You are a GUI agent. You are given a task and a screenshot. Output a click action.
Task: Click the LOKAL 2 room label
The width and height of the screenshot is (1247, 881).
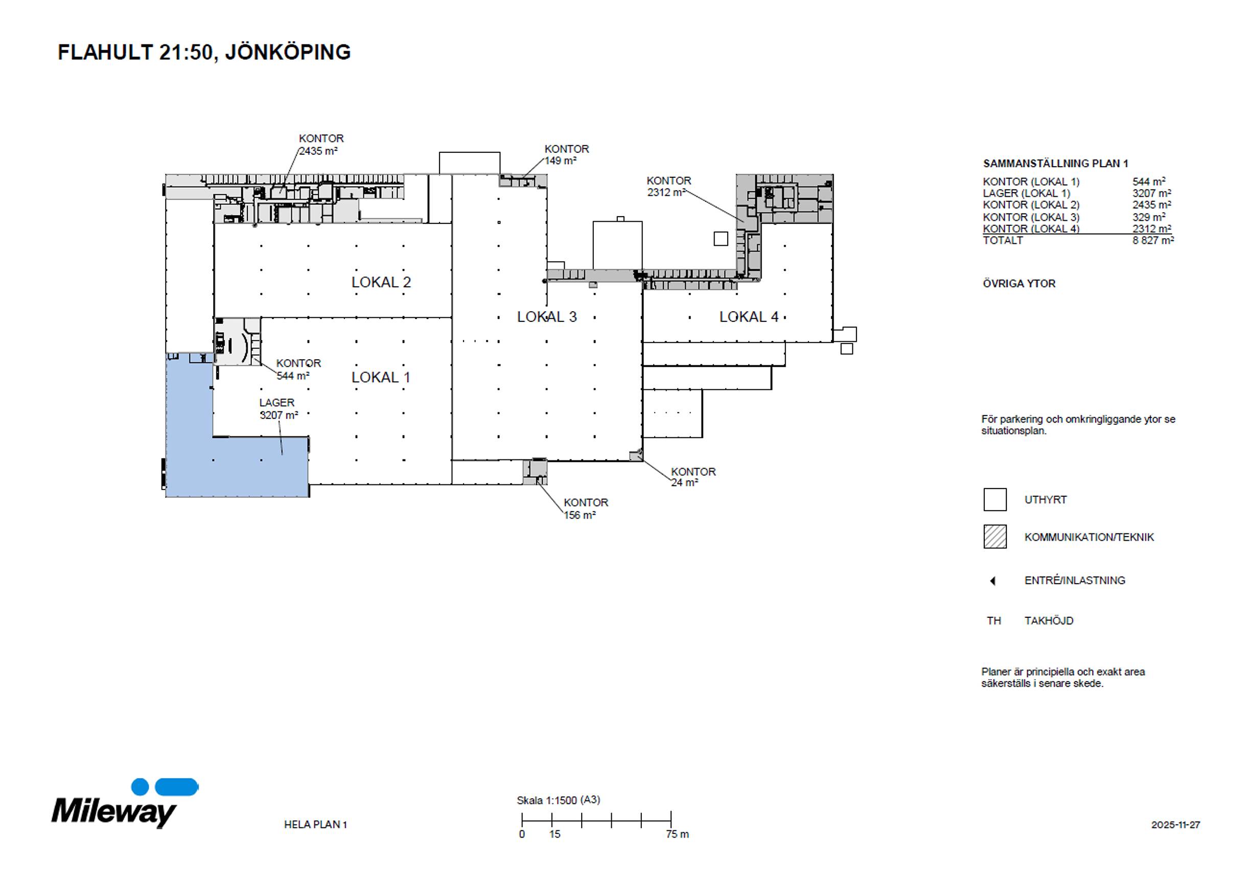(x=381, y=283)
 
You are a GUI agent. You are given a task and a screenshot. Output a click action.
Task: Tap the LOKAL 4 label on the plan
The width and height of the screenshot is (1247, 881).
(x=749, y=317)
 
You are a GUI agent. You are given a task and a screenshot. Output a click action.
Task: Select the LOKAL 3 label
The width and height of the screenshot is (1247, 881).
(x=546, y=317)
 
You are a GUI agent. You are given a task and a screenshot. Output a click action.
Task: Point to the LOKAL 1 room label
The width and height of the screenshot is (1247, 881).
(x=380, y=378)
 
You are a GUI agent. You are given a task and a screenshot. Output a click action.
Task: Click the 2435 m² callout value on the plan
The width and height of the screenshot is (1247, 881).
(x=318, y=151)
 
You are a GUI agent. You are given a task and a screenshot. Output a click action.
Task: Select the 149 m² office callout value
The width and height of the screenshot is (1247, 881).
(x=561, y=161)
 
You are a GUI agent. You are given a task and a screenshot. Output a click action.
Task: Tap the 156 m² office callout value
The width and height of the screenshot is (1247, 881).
(x=580, y=515)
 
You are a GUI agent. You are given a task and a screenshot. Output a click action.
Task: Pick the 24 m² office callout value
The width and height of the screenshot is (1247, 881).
(x=684, y=482)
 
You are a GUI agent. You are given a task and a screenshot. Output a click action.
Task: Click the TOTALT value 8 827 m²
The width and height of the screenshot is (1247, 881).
(x=1153, y=240)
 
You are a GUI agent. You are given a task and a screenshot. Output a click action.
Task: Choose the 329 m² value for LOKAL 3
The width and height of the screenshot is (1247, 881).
(x=1149, y=217)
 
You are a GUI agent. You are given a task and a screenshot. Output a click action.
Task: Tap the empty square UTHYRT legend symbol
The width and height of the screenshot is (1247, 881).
(x=995, y=500)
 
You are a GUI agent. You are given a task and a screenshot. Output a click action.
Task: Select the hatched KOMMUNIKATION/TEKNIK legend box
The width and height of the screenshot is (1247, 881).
(x=995, y=537)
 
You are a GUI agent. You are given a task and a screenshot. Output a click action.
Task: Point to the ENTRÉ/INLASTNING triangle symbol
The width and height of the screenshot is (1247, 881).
(x=993, y=581)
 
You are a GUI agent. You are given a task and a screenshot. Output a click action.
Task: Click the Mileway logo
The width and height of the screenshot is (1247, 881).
(x=125, y=803)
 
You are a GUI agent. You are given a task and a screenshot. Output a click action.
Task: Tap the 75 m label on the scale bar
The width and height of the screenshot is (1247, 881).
(x=677, y=834)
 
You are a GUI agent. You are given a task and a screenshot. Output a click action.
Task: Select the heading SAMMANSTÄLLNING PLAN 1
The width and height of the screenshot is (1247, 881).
(x=1056, y=164)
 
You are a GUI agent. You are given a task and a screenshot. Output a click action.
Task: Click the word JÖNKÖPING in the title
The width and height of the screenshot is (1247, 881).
(x=288, y=52)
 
